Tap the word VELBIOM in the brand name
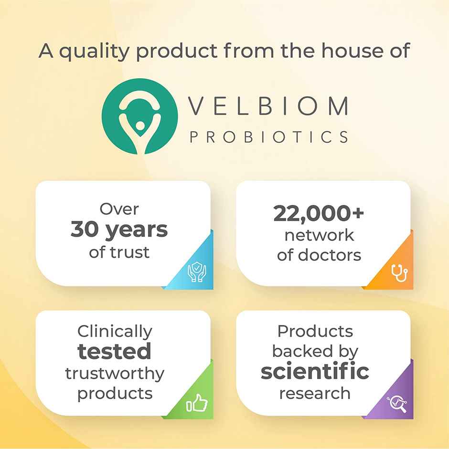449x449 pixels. pos(268,106)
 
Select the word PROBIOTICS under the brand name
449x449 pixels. pos(269,137)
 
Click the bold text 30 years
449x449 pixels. pos(119,230)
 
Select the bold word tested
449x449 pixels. pos(115,352)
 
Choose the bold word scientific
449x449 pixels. pos(315,372)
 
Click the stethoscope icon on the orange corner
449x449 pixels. pos(397,273)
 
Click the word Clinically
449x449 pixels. pos(115,332)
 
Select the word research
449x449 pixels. pos(315,393)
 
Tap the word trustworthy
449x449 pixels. pos(115,373)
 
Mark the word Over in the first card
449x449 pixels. pos(119,209)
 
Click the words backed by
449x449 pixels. pos(315,351)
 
